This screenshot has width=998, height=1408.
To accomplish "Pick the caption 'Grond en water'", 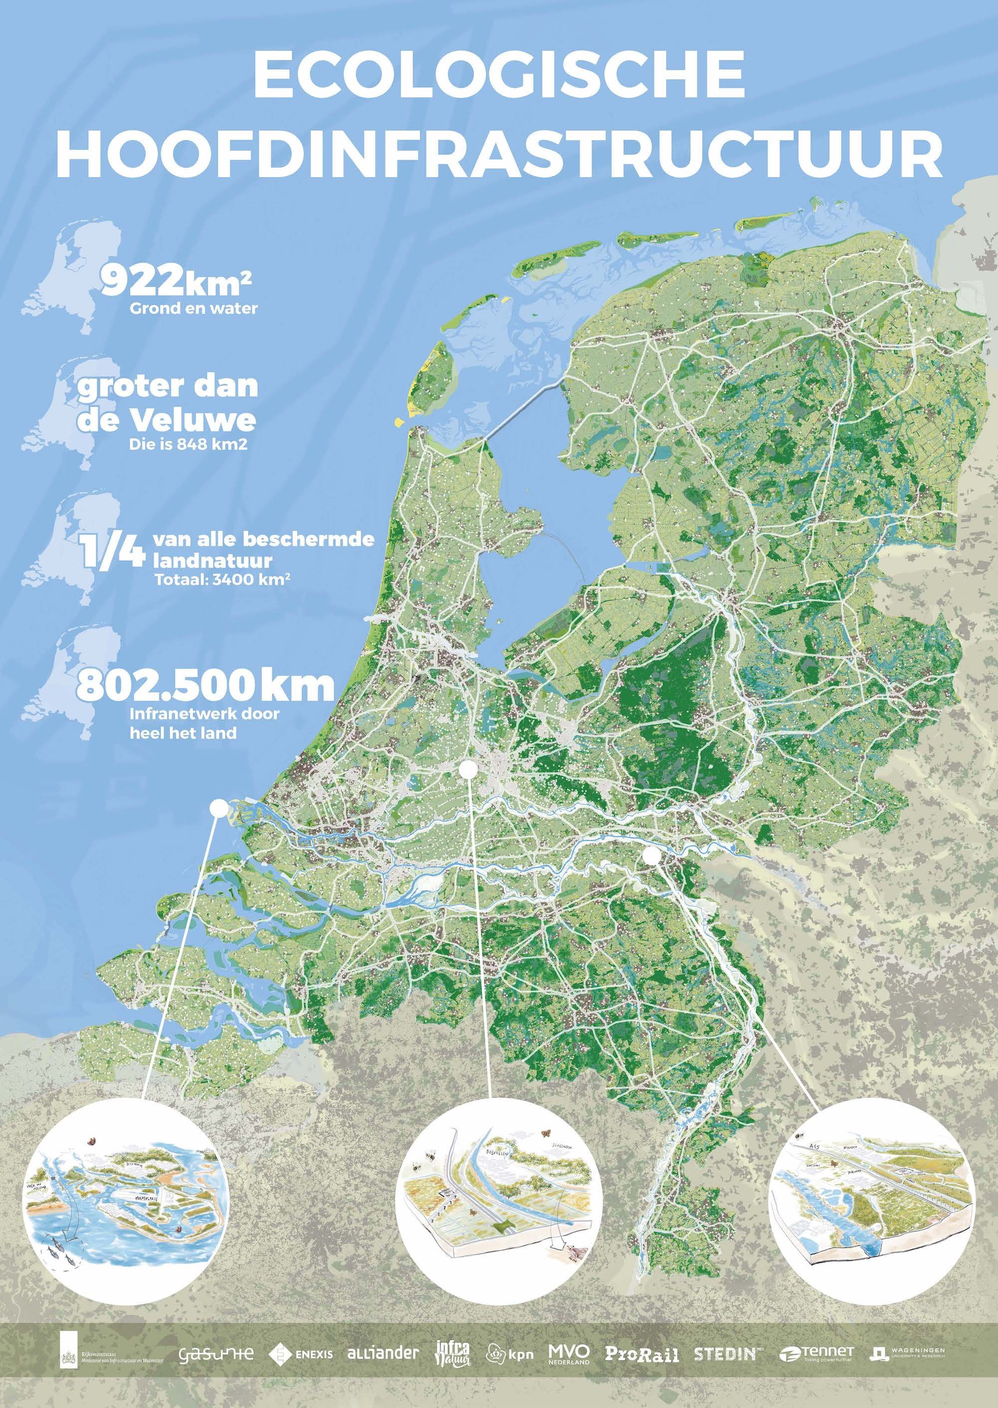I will coord(194,308).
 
